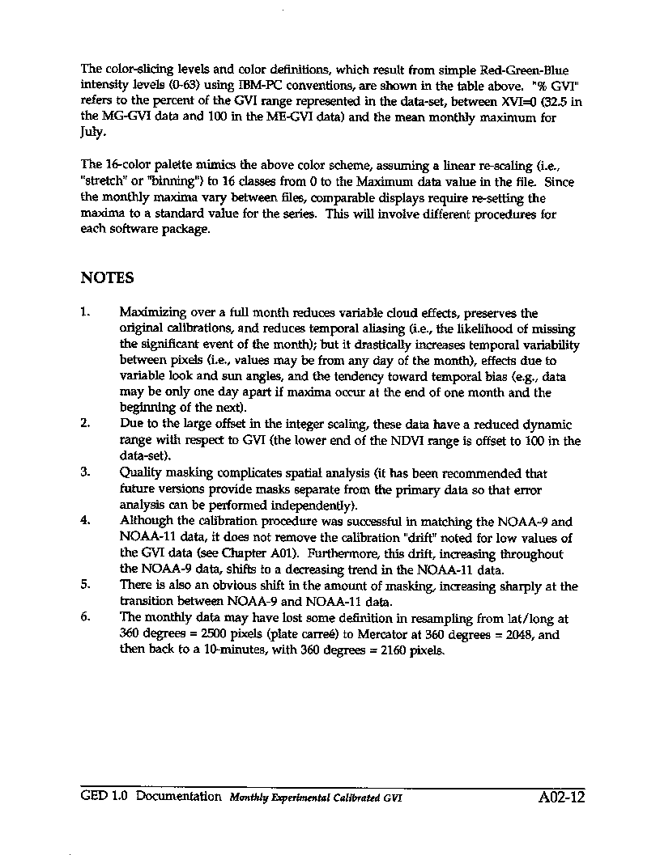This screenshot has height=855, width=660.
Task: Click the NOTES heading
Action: (107, 278)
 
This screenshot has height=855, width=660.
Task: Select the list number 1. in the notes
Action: (86, 312)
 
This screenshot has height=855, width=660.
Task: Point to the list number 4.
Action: (86, 522)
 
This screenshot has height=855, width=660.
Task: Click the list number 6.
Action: (86, 619)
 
